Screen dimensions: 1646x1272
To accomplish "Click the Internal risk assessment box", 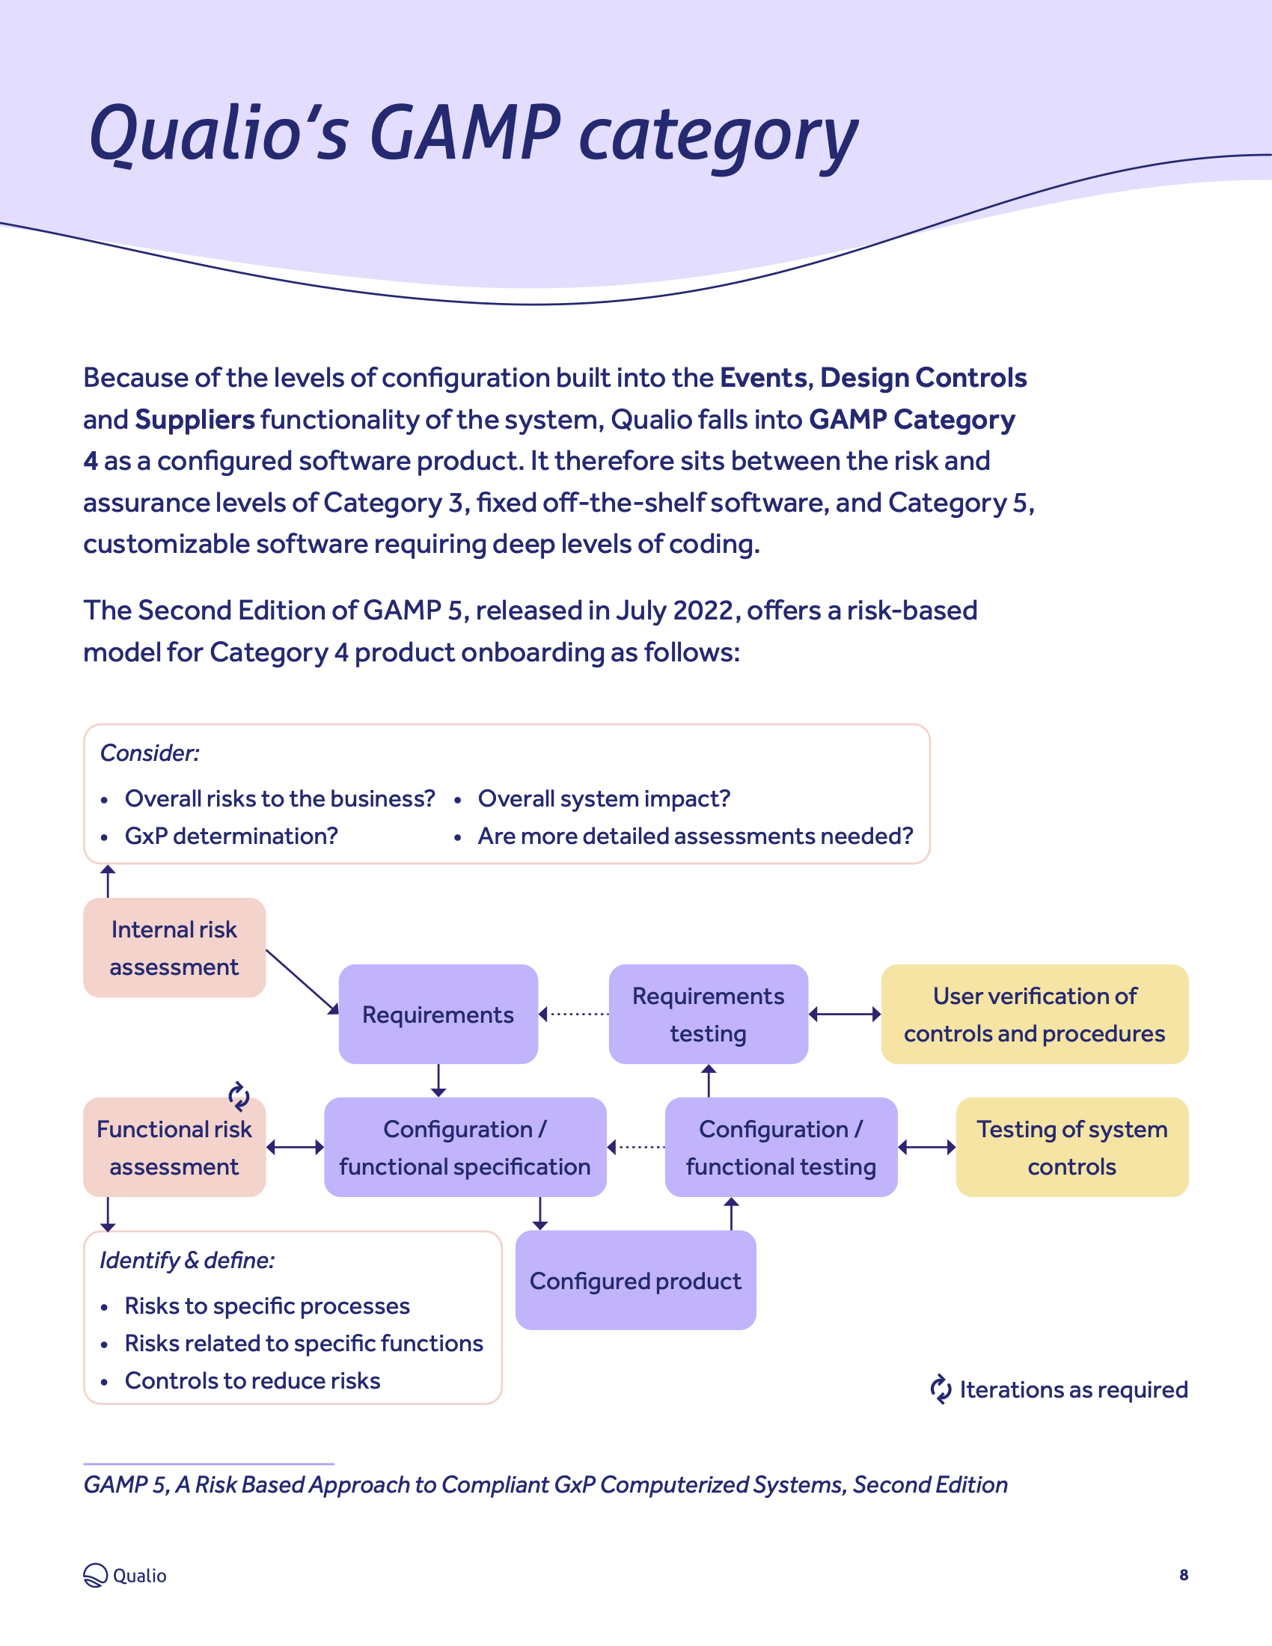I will [174, 947].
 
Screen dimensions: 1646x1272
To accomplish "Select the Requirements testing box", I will [708, 1014].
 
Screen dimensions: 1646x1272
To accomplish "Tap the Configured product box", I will [635, 1280].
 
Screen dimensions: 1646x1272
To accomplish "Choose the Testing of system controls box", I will [1071, 1147].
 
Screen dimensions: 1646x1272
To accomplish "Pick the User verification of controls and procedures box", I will [1034, 1014].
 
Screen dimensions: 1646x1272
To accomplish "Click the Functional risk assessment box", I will [174, 1148].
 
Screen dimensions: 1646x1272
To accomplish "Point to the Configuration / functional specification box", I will [464, 1147].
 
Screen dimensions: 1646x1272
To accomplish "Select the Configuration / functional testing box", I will [780, 1147].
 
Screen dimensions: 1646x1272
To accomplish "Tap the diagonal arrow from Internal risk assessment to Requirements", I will [302, 982].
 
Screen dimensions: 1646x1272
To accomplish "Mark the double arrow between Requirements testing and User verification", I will [844, 1015].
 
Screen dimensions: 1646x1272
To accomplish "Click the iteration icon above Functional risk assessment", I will [239, 1097].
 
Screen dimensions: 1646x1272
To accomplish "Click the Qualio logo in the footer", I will [124, 1575].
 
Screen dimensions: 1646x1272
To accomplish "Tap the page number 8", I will [1183, 1575].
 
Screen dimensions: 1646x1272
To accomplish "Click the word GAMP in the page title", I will [465, 133].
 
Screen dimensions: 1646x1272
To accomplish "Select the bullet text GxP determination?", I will [230, 836].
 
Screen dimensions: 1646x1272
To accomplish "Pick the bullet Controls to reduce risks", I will [251, 1380].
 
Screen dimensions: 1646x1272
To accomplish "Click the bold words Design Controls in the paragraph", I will [923, 378].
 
